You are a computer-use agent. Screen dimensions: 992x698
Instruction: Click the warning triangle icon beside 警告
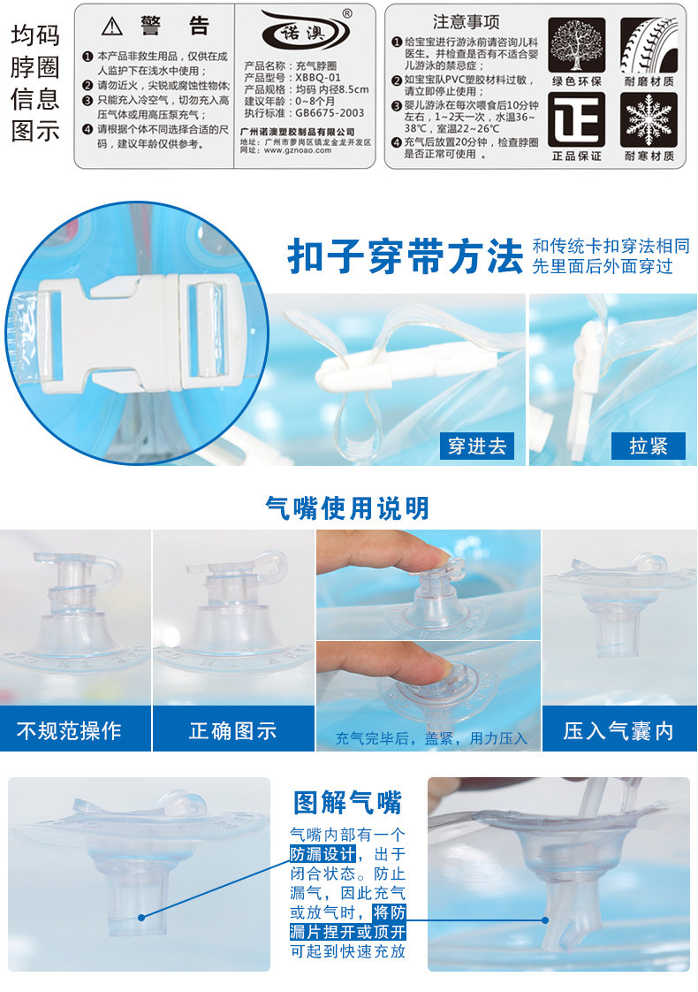112,26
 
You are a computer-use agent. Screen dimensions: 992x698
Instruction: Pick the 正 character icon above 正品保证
577,119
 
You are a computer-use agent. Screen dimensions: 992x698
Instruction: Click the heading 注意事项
466,21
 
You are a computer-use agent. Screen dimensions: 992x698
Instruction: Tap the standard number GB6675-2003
330,112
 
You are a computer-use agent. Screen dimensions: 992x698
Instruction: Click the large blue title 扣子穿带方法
406,256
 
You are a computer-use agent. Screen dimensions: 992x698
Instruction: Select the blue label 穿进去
477,446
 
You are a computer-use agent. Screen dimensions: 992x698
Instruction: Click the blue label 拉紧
648,446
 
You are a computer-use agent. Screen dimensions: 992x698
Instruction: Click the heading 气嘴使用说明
347,507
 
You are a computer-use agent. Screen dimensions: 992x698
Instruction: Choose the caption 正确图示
232,730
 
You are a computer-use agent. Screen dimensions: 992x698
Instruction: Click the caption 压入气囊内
618,730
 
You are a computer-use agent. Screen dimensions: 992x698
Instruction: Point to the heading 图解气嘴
347,802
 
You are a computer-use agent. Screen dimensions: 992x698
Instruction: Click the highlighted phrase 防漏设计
323,854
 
